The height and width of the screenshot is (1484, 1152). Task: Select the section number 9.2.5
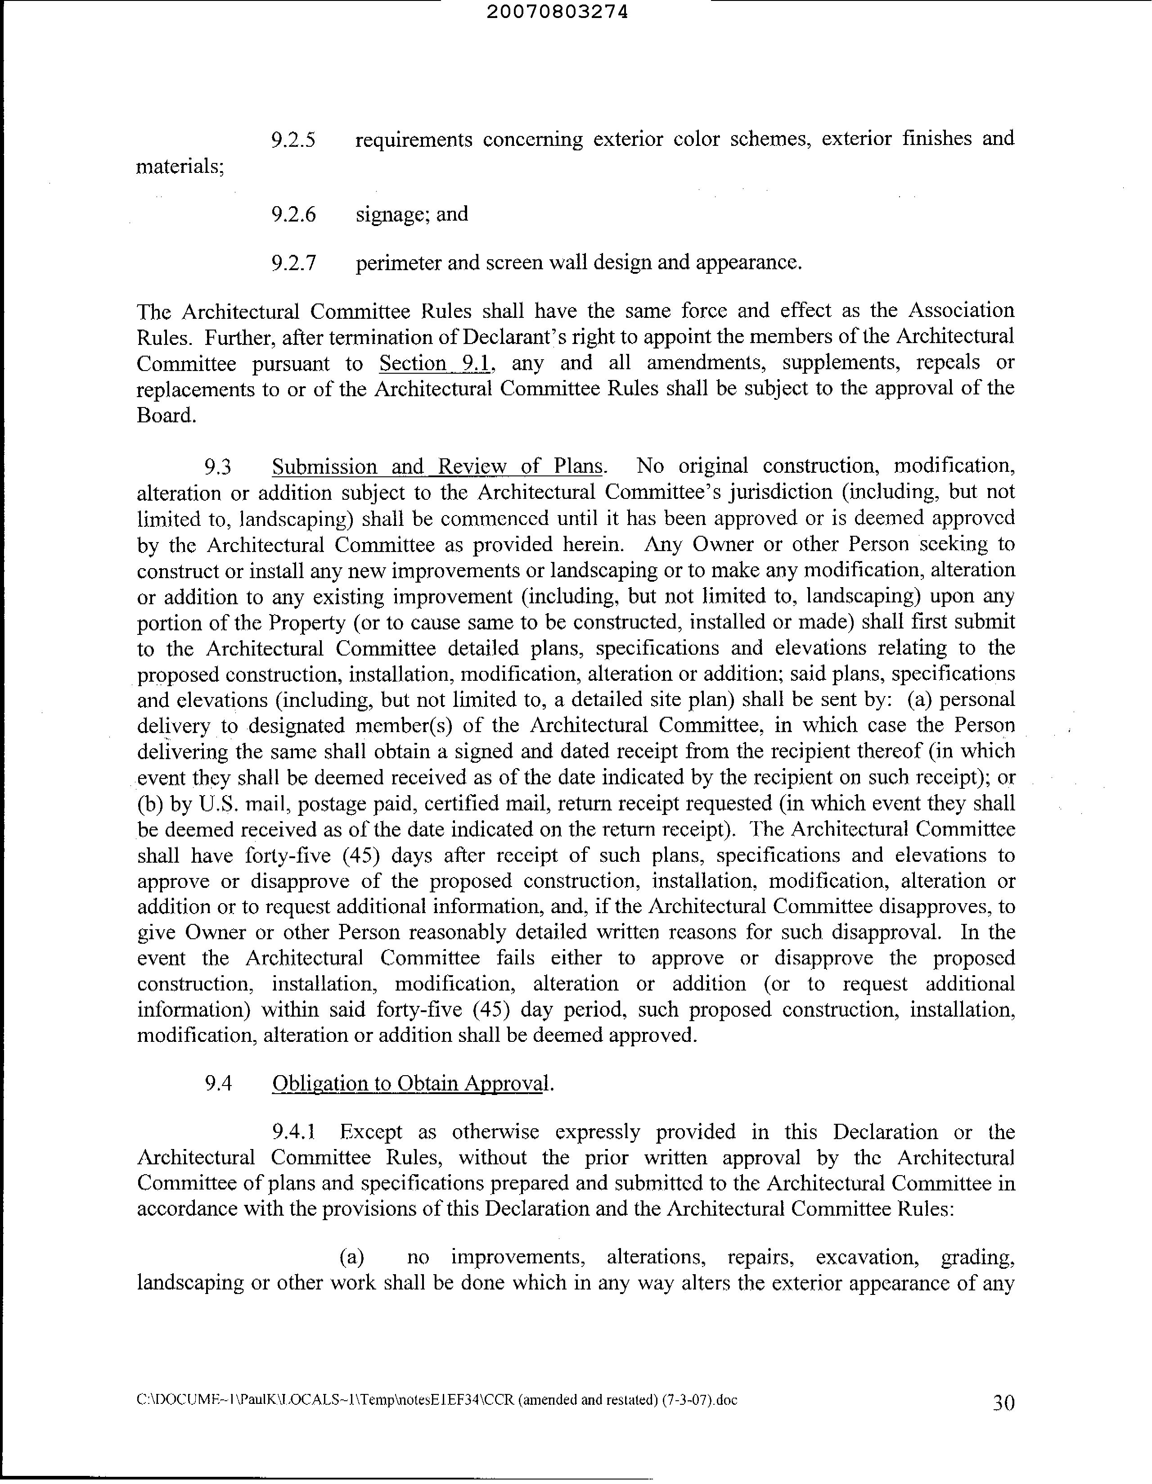(293, 140)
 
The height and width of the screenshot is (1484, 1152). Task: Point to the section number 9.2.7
(293, 263)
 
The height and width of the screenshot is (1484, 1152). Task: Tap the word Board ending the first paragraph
(166, 415)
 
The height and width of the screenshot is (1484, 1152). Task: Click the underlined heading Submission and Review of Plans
(437, 467)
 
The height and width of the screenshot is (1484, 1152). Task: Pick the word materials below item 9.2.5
(180, 167)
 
